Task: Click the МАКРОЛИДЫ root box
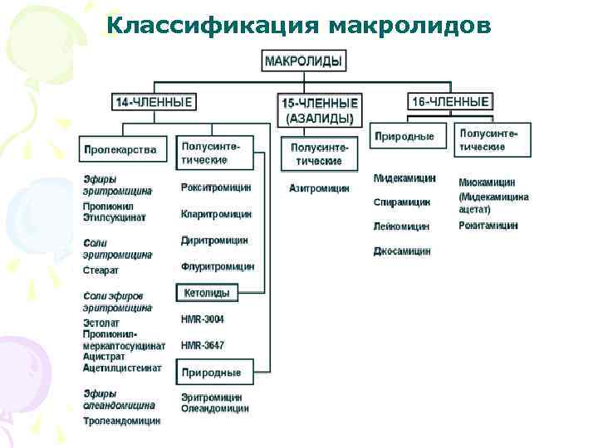[x=305, y=61]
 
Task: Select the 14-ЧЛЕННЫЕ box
[x=154, y=102]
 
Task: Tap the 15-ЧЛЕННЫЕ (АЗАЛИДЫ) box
[x=321, y=110]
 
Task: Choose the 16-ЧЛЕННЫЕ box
[x=450, y=102]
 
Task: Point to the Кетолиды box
[x=207, y=293]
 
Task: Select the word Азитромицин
[x=319, y=188]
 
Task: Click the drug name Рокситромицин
[x=216, y=187]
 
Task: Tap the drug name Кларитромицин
[x=216, y=214]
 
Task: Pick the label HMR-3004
[x=203, y=319]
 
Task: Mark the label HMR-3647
[x=203, y=345]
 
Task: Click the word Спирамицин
[x=402, y=202]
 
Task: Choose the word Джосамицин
[x=402, y=251]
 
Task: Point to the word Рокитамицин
[x=488, y=225]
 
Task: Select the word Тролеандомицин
[x=122, y=421]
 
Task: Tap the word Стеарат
[x=101, y=270]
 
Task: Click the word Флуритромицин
[x=218, y=267]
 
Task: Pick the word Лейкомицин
[x=402, y=226]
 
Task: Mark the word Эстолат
[x=101, y=323]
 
